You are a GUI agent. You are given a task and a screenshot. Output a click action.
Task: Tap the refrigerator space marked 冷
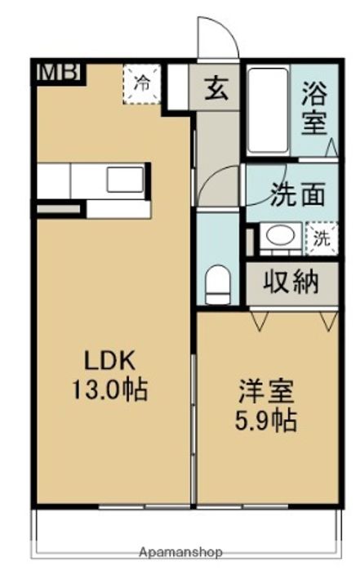click(x=142, y=84)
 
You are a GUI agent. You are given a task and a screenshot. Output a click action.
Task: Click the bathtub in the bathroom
click(x=268, y=110)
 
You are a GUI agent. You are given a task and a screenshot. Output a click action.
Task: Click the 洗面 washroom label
click(x=297, y=194)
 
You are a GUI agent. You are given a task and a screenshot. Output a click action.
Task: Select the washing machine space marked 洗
click(x=322, y=238)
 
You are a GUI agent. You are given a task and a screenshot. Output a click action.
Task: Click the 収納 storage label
click(x=291, y=282)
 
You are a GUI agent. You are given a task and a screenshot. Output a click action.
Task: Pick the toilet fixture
click(x=217, y=284)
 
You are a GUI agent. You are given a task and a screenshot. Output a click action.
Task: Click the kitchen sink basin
click(x=125, y=180)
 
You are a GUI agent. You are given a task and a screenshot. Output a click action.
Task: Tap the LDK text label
click(x=109, y=361)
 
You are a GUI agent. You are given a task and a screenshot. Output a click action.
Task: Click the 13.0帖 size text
click(x=109, y=390)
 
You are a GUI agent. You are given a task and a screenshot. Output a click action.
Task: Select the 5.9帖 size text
click(x=266, y=421)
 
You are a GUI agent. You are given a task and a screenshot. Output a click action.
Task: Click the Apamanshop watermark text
click(x=180, y=552)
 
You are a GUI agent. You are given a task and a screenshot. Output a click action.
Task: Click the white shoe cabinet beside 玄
click(x=177, y=87)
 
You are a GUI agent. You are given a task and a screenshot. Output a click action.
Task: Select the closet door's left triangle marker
click(x=259, y=321)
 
